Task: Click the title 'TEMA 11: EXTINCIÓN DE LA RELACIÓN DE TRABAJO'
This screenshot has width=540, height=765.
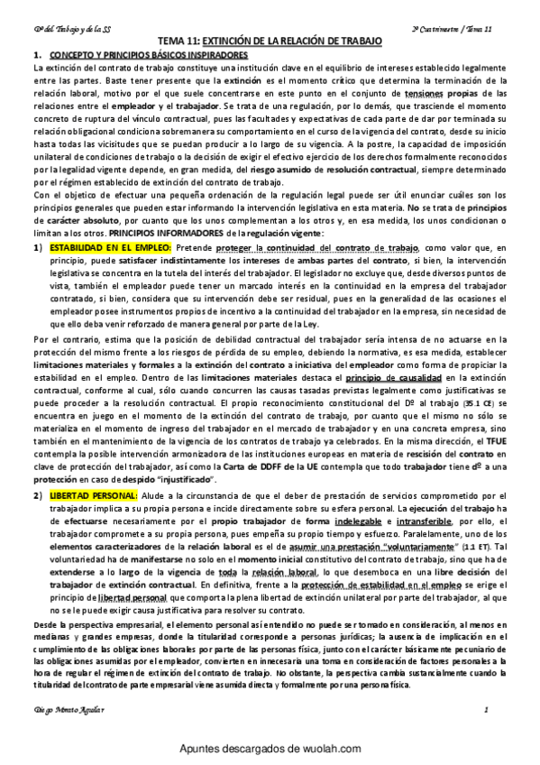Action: pyautogui.click(x=270, y=42)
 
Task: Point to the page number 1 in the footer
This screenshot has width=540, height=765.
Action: pyautogui.click(x=487, y=713)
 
